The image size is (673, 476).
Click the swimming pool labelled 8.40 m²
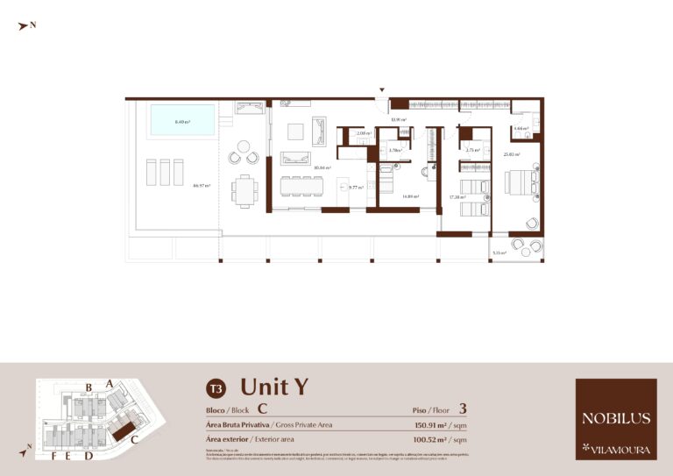[x=182, y=120]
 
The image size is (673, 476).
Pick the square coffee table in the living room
[x=295, y=131]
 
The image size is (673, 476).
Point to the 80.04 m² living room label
[x=322, y=167]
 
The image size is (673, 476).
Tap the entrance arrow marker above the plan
[x=381, y=89]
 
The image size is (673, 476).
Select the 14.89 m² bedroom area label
[x=410, y=196]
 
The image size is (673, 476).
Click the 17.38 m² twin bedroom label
[x=456, y=196]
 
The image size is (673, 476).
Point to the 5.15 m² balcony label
[x=499, y=252]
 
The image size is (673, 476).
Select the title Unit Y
[x=273, y=387]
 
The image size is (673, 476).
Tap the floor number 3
[x=463, y=408]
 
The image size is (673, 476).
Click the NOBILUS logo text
[x=616, y=418]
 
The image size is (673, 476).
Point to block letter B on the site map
[x=89, y=387]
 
